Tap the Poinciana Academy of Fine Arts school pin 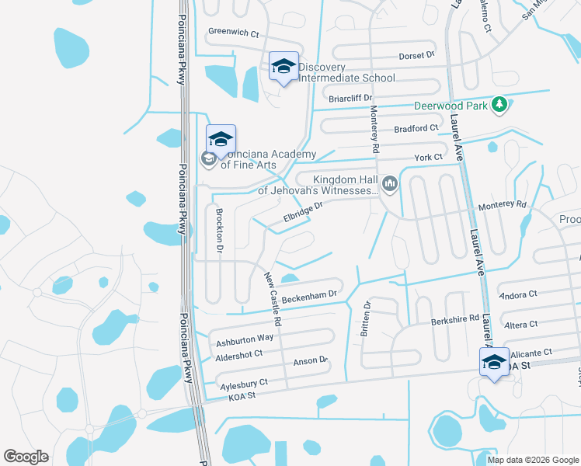click(221, 139)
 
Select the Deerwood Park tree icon click(501, 105)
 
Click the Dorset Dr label click(416, 56)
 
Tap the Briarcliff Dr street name click(350, 99)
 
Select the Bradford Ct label click(416, 128)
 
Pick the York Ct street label click(428, 157)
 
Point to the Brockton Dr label click(218, 231)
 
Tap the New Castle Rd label click(271, 297)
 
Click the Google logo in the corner click(26, 457)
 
